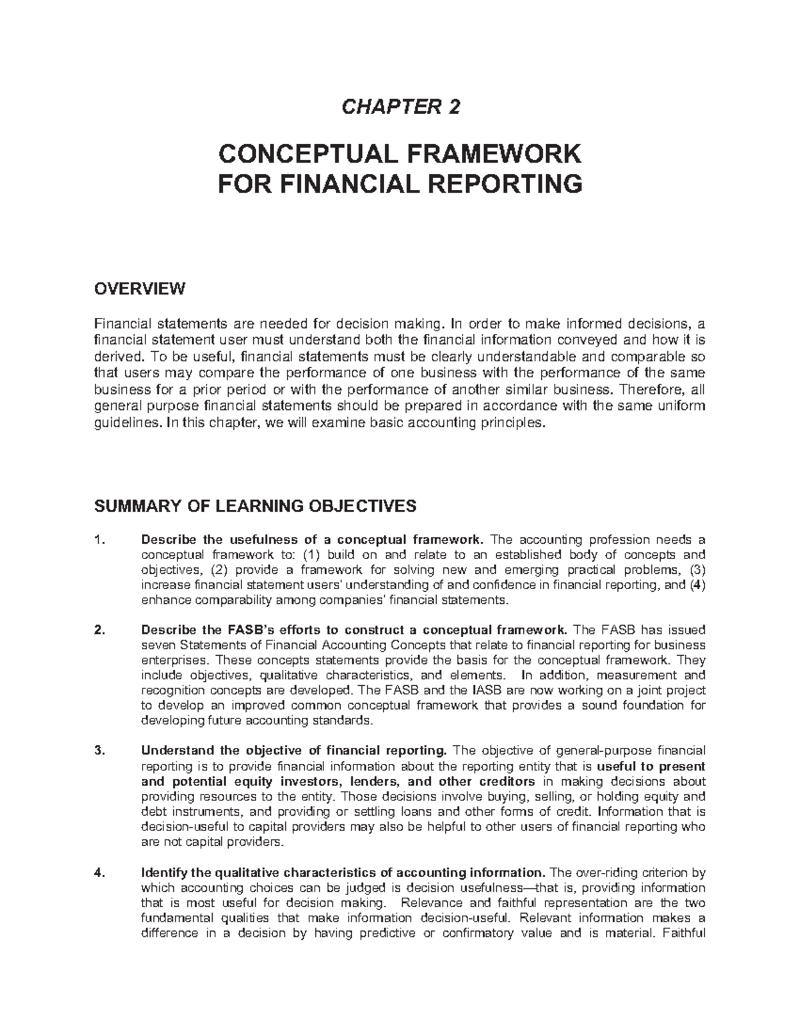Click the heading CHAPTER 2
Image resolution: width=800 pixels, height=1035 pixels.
tap(401, 107)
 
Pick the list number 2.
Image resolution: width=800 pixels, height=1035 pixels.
tap(99, 630)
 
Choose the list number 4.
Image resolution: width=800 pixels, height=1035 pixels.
tap(99, 873)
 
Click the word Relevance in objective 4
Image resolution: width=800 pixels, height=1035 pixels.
tap(429, 903)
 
